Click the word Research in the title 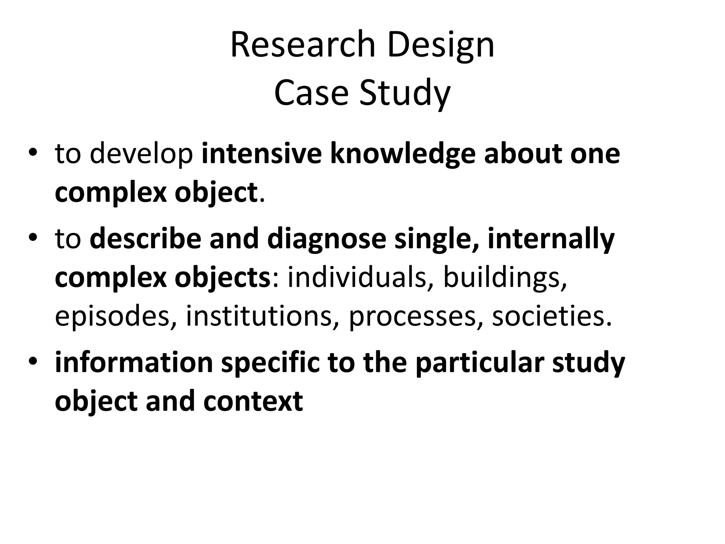[303, 45]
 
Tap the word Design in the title [441, 45]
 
